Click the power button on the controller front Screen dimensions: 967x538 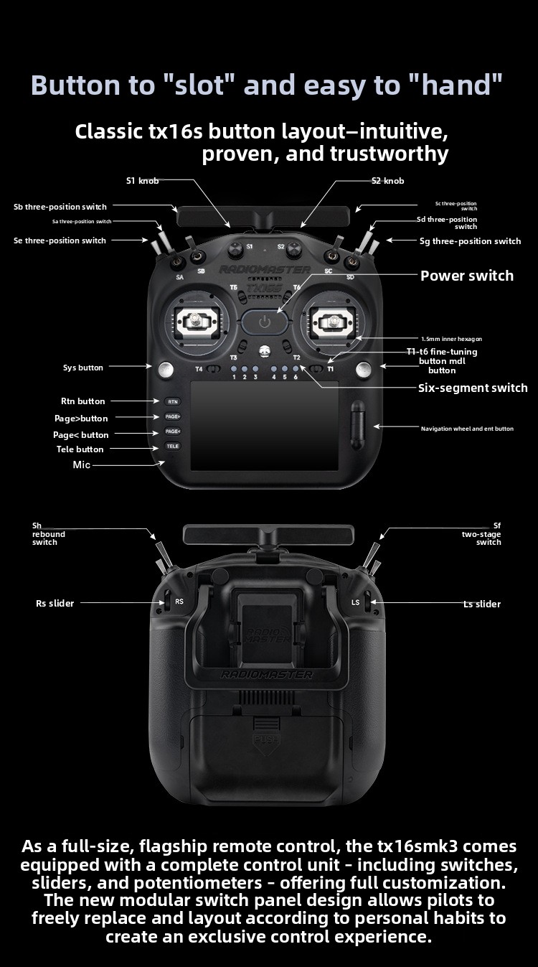pos(265,322)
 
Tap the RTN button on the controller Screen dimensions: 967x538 pos(172,401)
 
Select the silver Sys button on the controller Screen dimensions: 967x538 pos(166,369)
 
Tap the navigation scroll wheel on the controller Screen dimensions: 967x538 pos(357,425)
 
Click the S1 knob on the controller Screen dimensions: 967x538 pos(234,249)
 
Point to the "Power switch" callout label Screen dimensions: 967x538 pos(467,276)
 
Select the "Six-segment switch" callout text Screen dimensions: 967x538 pos(473,388)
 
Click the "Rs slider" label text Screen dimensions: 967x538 pos(55,603)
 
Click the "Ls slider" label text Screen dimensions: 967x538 pos(481,604)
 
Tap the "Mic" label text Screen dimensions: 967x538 pos(82,464)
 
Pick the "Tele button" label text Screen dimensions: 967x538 pos(80,449)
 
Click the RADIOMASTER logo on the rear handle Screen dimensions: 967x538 pos(267,674)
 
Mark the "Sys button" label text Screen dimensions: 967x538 pos(83,368)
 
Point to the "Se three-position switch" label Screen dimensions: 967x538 pos(60,240)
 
